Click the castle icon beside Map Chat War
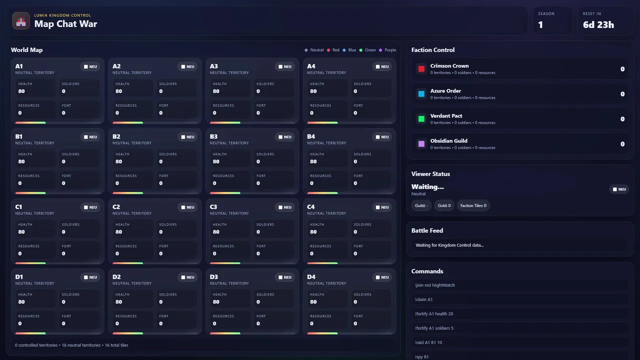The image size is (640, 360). click(x=21, y=21)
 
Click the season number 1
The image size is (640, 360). click(x=540, y=24)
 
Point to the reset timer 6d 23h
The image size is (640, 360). click(x=598, y=24)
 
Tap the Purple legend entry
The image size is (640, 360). click(x=387, y=50)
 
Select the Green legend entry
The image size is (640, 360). click(x=367, y=50)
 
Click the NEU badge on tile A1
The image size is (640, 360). click(x=90, y=66)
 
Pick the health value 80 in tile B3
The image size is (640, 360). click(x=216, y=161)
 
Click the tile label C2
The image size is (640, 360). click(x=116, y=206)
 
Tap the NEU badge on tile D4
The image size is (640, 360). click(x=382, y=277)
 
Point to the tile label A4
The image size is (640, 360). click(x=311, y=66)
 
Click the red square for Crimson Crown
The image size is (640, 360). click(x=421, y=69)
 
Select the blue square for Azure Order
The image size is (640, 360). click(x=421, y=94)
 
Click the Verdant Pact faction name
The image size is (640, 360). click(x=446, y=116)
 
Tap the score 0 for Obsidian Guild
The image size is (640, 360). click(x=622, y=144)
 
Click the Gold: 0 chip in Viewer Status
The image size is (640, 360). click(x=444, y=205)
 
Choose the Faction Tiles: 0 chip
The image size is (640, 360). click(x=473, y=205)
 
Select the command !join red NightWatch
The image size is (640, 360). click(x=435, y=285)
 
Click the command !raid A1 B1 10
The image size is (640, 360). click(x=428, y=342)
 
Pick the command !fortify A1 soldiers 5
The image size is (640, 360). click(x=434, y=328)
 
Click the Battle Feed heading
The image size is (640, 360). click(x=427, y=230)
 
